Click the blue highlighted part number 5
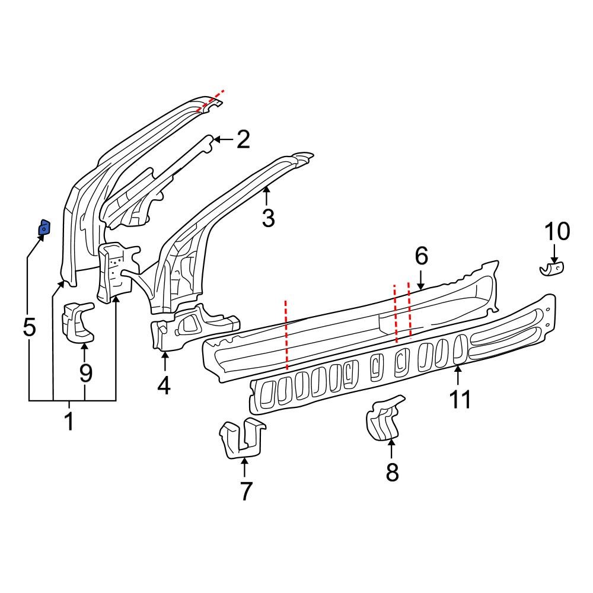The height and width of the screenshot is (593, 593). coord(44,227)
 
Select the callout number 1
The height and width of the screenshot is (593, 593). coord(69,422)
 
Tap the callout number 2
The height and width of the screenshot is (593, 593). coord(243,140)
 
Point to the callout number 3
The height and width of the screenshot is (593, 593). coord(268,218)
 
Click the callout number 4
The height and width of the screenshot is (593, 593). coord(164,386)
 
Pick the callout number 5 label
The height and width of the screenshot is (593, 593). coord(29,327)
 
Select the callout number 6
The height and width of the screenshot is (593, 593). coord(421,257)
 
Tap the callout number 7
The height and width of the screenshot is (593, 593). coord(246,491)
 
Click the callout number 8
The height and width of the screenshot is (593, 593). coord(392,473)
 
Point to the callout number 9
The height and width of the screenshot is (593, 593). coord(86,373)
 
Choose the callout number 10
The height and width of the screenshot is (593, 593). coord(556,231)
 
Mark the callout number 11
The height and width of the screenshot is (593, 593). coord(460,399)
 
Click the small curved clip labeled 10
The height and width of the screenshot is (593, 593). coord(552,270)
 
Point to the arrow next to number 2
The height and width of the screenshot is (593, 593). coord(221,140)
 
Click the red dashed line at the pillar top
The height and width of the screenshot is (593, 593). coord(211,101)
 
